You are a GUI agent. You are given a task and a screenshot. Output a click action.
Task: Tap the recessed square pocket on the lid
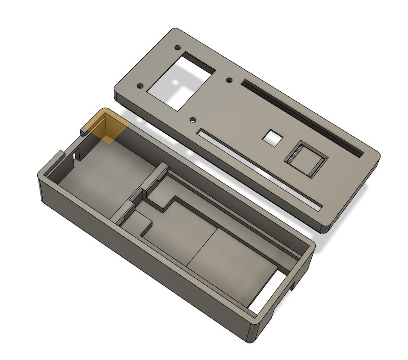click(307, 159)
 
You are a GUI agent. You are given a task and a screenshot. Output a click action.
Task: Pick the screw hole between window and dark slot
click(229, 80)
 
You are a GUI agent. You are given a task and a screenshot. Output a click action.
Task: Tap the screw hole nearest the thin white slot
click(193, 119)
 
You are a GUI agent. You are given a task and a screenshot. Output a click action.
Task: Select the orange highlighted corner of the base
click(107, 126)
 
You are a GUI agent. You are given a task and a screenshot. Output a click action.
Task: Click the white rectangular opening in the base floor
click(265, 294)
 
